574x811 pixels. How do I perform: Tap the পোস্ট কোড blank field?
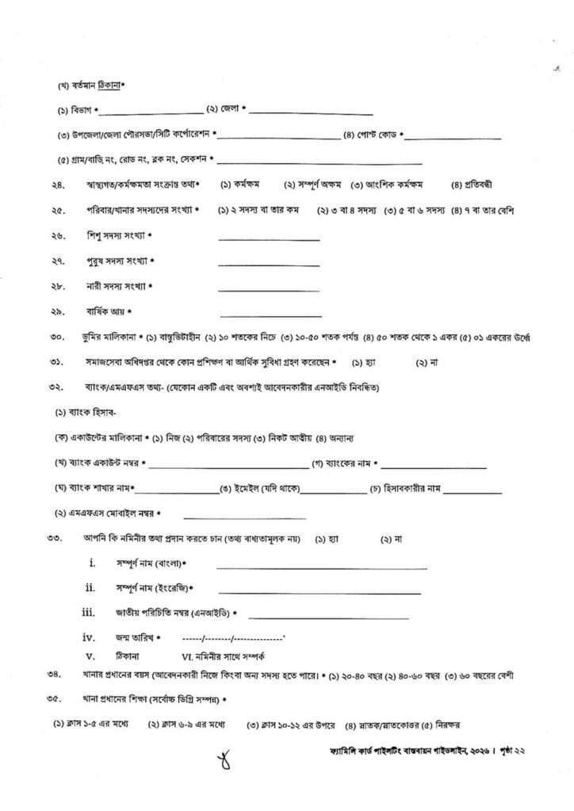click(x=453, y=138)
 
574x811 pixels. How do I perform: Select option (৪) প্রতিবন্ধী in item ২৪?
click(x=472, y=185)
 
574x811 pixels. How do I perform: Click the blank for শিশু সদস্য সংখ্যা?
click(x=270, y=238)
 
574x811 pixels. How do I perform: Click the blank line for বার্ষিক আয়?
click(x=270, y=314)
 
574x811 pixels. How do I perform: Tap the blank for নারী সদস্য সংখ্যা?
click(x=270, y=289)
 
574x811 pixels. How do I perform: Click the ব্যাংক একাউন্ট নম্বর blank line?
click(x=230, y=464)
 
